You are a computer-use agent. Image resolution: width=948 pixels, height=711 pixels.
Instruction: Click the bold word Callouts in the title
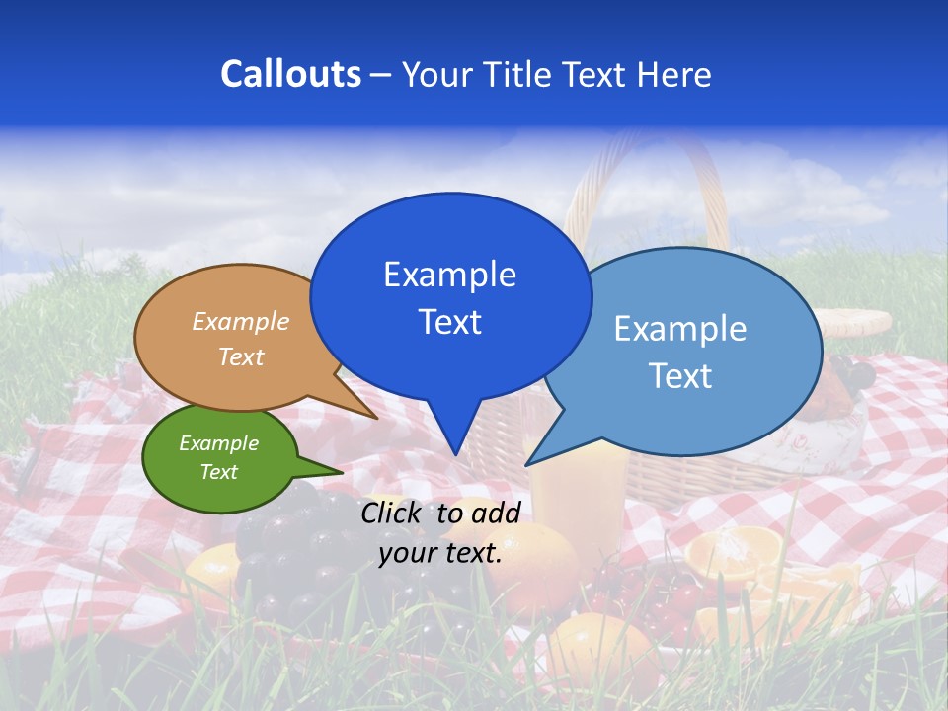[290, 74]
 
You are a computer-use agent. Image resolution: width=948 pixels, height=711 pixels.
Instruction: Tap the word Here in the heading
[674, 74]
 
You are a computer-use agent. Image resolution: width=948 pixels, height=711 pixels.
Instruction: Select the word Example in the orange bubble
[241, 322]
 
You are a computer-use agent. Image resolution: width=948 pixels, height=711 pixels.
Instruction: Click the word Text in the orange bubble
[241, 356]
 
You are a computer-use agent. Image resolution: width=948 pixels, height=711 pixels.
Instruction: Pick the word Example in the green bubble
[218, 443]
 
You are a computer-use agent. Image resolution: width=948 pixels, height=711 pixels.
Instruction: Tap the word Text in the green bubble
[218, 472]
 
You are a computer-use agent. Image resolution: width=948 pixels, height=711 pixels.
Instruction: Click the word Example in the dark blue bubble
[449, 275]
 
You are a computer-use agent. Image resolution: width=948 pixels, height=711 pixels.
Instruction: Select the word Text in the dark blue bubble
[449, 322]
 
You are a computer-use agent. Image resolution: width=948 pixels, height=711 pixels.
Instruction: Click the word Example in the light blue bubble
[679, 329]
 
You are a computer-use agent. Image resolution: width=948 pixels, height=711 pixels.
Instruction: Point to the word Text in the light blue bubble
[679, 376]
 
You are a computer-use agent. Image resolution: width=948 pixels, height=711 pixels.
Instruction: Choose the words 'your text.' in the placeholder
[440, 553]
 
